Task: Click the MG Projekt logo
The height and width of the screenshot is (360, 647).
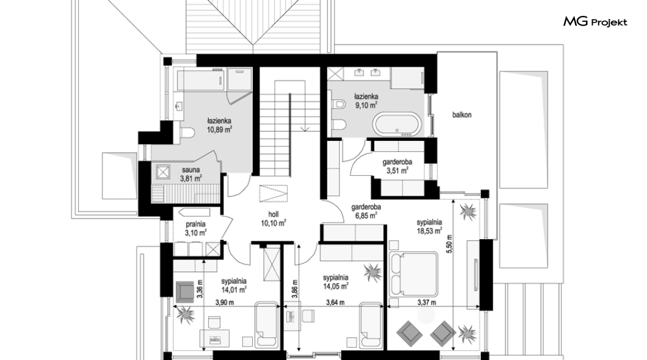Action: tap(595, 22)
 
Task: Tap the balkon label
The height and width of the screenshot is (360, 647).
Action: tap(461, 115)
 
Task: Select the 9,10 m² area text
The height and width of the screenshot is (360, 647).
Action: tap(366, 106)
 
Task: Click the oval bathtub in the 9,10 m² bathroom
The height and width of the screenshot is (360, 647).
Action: tap(397, 124)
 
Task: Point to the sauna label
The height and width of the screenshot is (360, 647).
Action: tap(191, 170)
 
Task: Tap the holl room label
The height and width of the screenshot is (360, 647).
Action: tap(273, 214)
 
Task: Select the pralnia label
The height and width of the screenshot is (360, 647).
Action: tap(195, 225)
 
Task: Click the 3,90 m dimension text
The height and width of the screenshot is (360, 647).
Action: tap(225, 303)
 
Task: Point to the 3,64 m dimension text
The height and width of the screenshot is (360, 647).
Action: tap(335, 303)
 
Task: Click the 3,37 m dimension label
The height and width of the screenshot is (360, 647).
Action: tap(427, 303)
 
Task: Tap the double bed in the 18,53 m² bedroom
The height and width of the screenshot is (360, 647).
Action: tap(413, 274)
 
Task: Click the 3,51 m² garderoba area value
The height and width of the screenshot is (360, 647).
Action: tap(397, 170)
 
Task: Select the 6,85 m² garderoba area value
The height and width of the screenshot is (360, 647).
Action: tap(366, 215)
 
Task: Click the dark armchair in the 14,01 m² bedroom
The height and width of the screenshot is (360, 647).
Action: tap(184, 292)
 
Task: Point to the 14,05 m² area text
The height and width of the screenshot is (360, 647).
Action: tap(336, 286)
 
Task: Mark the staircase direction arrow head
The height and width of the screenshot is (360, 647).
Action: tap(305, 129)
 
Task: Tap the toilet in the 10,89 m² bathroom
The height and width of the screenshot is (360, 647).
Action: tap(187, 133)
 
